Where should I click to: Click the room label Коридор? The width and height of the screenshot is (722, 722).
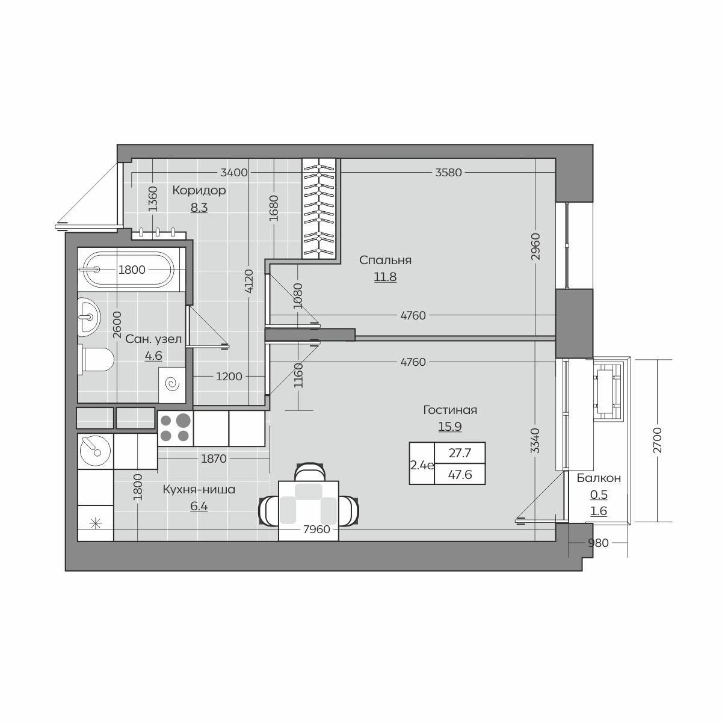(x=199, y=190)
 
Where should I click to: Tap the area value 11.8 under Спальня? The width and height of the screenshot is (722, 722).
(x=385, y=277)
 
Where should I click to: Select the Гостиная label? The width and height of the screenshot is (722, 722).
(x=450, y=410)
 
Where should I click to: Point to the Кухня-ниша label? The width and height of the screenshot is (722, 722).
(x=199, y=489)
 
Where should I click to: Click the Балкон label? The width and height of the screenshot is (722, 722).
(x=599, y=478)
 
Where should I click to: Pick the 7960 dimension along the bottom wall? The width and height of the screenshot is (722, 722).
(x=316, y=529)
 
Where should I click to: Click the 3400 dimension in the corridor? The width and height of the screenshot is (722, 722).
(x=234, y=172)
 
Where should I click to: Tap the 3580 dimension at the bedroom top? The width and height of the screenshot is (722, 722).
(x=448, y=172)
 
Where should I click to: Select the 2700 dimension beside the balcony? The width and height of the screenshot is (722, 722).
(x=658, y=440)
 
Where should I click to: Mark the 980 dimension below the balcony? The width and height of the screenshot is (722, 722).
(x=598, y=543)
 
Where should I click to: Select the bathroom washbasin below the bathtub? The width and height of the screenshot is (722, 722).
(x=89, y=316)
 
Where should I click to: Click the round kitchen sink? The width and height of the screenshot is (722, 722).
(x=96, y=451)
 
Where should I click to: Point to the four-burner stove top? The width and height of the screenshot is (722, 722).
(x=175, y=428)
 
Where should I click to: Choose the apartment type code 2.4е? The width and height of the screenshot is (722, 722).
(x=422, y=465)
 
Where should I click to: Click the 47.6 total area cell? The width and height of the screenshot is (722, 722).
(x=460, y=475)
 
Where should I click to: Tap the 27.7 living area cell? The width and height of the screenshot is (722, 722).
(x=460, y=453)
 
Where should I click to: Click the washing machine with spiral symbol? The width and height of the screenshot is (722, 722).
(x=172, y=385)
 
